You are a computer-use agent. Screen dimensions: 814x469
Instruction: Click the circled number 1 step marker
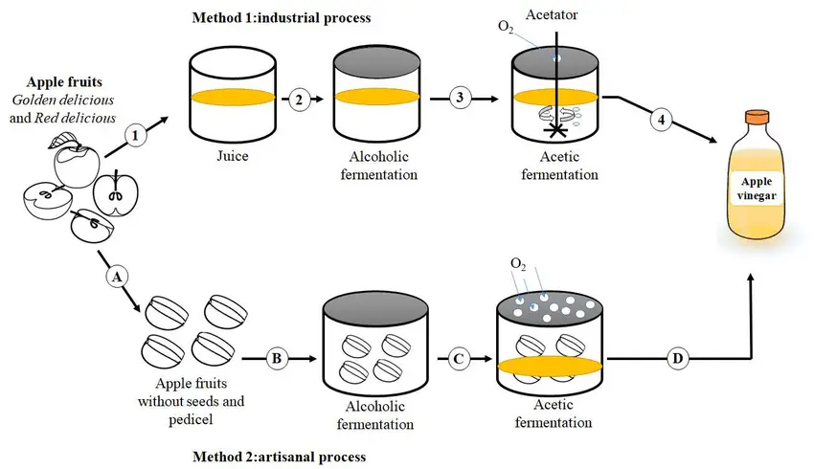tap(135, 135)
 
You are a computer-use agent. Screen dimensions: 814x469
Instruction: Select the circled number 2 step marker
tap(299, 100)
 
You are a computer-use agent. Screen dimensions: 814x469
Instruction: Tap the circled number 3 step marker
tap(460, 98)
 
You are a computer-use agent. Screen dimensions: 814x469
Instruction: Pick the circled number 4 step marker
tap(662, 120)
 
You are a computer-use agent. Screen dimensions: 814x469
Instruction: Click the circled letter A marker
tap(117, 277)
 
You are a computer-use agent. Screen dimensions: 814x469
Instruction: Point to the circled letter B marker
tap(277, 359)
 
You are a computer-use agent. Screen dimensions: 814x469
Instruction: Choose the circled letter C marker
tap(459, 359)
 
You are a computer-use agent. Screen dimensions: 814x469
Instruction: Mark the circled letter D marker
tap(677, 359)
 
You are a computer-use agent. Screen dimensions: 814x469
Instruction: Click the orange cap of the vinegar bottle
tap(757, 117)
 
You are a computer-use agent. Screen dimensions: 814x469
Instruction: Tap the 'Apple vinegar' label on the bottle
tap(757, 189)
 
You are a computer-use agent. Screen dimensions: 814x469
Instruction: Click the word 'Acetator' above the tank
tap(552, 14)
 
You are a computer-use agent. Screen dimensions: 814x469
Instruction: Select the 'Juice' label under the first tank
tap(232, 156)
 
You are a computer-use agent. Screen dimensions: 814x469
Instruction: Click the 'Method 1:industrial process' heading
tap(282, 17)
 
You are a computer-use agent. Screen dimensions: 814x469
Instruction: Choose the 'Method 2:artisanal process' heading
tap(280, 457)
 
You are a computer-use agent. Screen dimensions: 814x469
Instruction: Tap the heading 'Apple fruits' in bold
tap(64, 82)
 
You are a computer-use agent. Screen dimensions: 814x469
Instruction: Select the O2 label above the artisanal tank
tap(518, 264)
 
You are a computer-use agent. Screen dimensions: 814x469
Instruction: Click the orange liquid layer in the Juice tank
tap(233, 98)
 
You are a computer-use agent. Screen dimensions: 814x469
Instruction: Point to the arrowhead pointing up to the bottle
tap(751, 279)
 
